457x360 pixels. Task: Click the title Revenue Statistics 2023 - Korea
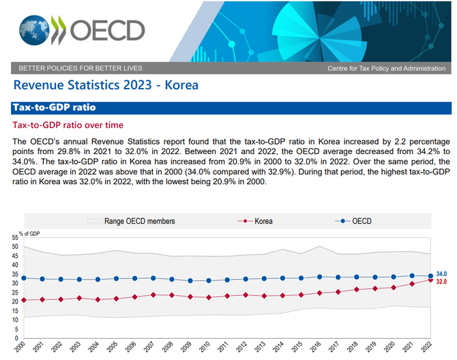coord(106,85)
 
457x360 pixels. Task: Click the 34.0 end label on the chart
coord(443,273)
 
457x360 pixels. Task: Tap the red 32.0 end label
coord(443,282)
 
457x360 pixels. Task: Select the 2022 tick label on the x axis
coord(429,348)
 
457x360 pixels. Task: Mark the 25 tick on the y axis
coord(15,292)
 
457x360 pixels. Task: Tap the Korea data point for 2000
coord(24,300)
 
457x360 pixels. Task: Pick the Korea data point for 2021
coord(411,284)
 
